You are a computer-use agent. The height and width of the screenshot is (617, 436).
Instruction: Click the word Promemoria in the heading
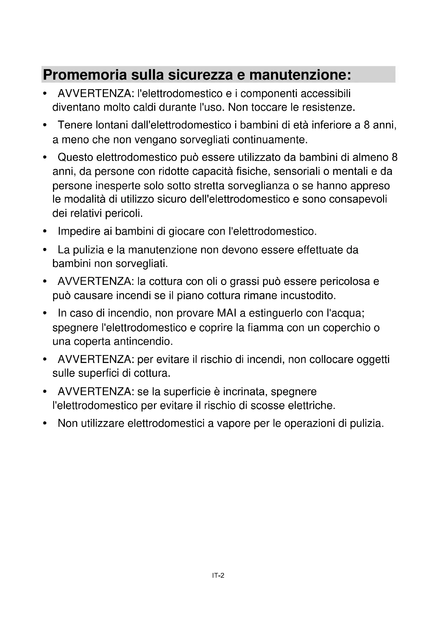[85, 75]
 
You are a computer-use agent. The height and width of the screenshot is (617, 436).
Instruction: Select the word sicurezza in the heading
[201, 75]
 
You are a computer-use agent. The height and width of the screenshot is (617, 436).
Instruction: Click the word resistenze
[329, 107]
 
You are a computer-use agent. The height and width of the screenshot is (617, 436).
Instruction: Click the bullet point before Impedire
[45, 231]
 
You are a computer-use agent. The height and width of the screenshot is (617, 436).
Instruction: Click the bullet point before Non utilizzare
[45, 424]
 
